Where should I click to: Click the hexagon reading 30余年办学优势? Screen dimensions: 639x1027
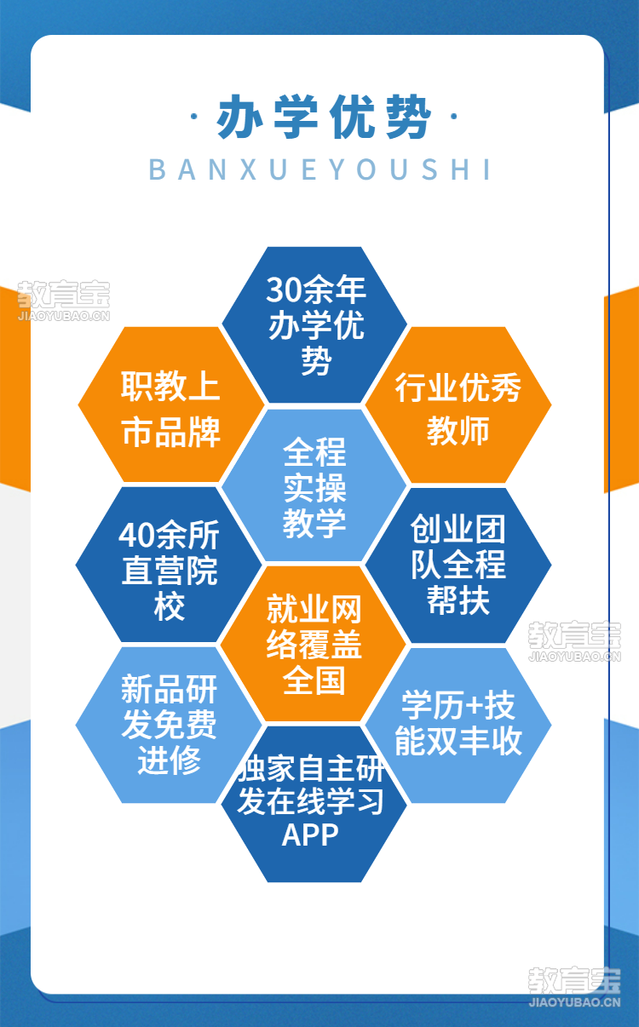pos(314,324)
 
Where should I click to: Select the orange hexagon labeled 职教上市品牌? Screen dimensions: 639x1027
pos(171,404)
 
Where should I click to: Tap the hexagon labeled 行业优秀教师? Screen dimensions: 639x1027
pos(458,404)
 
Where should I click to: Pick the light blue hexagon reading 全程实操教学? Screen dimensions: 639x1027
pos(314,485)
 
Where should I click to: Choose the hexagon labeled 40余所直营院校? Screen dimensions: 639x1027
pos(169,565)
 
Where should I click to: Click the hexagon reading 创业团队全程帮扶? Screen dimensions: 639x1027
pos(458,565)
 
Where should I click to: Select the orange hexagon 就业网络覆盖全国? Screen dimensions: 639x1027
pos(314,644)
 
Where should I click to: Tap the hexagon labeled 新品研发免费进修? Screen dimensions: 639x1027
pos(169,725)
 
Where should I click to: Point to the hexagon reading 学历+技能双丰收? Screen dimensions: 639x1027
pos(458,725)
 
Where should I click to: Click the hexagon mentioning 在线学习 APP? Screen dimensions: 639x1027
pos(314,804)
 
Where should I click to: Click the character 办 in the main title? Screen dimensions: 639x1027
pos(240,117)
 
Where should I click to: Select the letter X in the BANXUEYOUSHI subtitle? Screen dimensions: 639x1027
pos(248,169)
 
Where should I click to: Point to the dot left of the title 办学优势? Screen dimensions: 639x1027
pos(193,117)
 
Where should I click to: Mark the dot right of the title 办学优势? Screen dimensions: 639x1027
pos(453,117)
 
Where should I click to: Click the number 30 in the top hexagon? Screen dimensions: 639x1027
pos(282,290)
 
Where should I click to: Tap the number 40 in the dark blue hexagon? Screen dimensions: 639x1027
pos(135,536)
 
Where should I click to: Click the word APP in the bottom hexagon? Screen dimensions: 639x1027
pos(310,835)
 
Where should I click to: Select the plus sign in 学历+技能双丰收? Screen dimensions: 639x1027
pos(474,706)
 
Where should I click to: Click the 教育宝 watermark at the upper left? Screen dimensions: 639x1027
pos(64,301)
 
